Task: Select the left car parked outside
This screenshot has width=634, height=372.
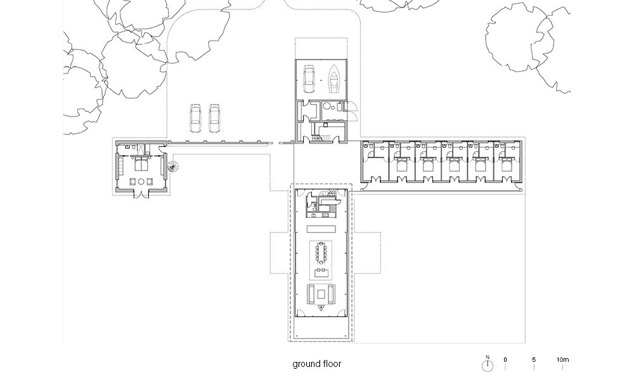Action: pyautogui.click(x=196, y=118)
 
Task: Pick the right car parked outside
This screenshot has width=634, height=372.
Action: pyautogui.click(x=214, y=118)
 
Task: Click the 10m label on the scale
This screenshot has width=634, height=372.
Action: pyautogui.click(x=562, y=359)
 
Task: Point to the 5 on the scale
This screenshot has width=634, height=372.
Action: pyautogui.click(x=534, y=359)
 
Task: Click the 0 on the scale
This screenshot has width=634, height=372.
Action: pyautogui.click(x=505, y=359)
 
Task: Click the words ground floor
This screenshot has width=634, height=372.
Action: pyautogui.click(x=317, y=364)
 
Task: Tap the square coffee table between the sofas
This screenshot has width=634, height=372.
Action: pyautogui.click(x=321, y=293)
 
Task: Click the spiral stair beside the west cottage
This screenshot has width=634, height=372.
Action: pyautogui.click(x=173, y=166)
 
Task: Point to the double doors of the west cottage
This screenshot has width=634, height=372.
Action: pyautogui.click(x=141, y=194)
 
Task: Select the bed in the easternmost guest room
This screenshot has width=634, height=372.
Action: pyautogui.click(x=506, y=165)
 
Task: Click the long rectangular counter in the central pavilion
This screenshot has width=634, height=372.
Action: pyautogui.click(x=321, y=229)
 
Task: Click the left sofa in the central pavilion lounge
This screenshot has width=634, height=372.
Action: pyautogui.click(x=311, y=294)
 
